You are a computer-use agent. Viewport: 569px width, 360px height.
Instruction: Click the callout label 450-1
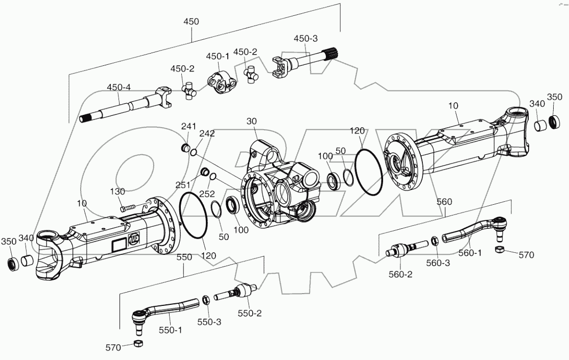pyautogui.click(x=218, y=56)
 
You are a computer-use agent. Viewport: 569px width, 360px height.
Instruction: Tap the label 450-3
pyautogui.click(x=305, y=39)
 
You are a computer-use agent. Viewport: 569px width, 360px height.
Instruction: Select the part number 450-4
pyautogui.click(x=119, y=87)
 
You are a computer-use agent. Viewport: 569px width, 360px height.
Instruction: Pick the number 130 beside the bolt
pyautogui.click(x=117, y=191)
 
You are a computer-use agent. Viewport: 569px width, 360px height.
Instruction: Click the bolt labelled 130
pyautogui.click(x=128, y=207)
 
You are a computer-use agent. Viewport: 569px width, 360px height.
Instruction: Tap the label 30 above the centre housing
pyautogui.click(x=251, y=121)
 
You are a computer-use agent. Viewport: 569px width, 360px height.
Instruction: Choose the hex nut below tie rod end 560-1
pyautogui.click(x=501, y=249)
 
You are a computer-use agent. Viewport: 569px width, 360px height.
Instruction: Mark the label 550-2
pyautogui.click(x=249, y=313)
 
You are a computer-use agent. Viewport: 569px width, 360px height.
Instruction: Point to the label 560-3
pyautogui.click(x=439, y=263)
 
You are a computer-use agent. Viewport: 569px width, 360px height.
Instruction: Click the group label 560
pyautogui.click(x=444, y=201)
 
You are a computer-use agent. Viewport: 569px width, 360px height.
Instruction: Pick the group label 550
pyautogui.click(x=184, y=257)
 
